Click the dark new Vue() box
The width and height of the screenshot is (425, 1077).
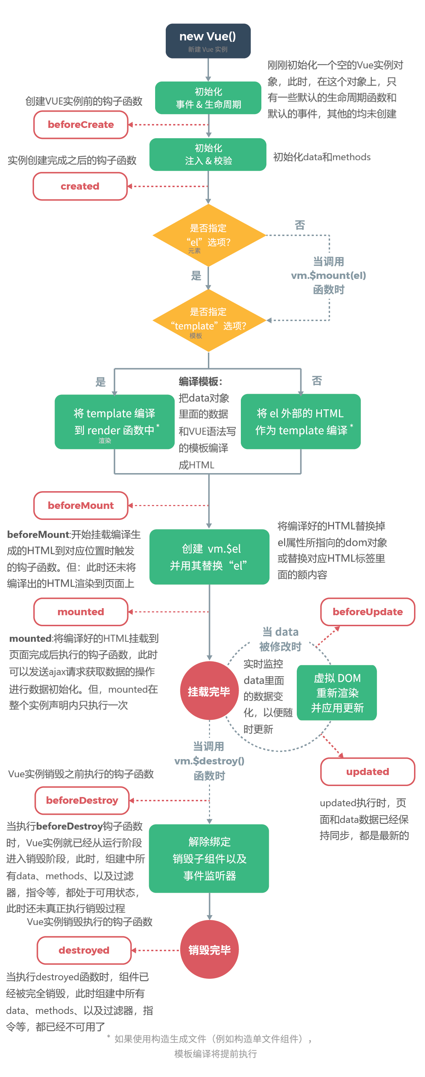(x=208, y=41)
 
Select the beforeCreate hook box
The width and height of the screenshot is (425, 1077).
(x=81, y=125)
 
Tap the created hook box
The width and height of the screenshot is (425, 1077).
(x=80, y=186)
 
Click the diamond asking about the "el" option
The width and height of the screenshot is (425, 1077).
(x=209, y=235)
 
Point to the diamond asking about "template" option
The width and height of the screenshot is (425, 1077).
(x=209, y=321)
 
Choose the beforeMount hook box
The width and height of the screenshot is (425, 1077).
(x=81, y=505)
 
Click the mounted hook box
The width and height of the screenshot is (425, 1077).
(x=81, y=612)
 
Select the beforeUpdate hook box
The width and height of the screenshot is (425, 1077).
(x=367, y=612)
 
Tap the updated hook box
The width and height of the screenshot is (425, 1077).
(x=367, y=772)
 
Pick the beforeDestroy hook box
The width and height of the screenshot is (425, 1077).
(x=82, y=800)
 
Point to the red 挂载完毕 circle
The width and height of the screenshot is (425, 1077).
(x=209, y=691)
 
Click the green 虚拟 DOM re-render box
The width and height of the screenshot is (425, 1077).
(x=337, y=693)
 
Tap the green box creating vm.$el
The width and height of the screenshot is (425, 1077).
(x=209, y=557)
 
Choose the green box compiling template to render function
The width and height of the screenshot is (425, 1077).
(x=114, y=421)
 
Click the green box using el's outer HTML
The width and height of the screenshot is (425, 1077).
(x=300, y=421)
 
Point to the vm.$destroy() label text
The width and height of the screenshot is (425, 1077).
(x=209, y=761)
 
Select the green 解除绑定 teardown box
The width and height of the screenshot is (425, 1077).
(x=209, y=858)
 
